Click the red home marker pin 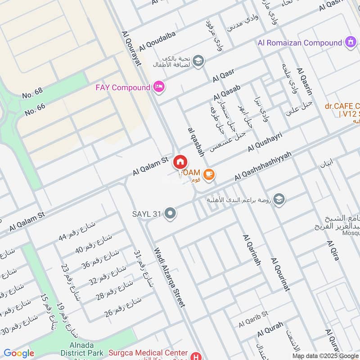(180, 162)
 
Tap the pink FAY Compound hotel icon (158, 87)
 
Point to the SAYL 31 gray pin (170, 214)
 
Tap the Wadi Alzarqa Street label (170, 277)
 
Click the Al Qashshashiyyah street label (263, 166)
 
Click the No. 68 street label (32, 94)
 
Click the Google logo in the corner (18, 353)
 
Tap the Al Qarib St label (253, 319)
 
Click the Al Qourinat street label (280, 274)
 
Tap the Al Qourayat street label (131, 48)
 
